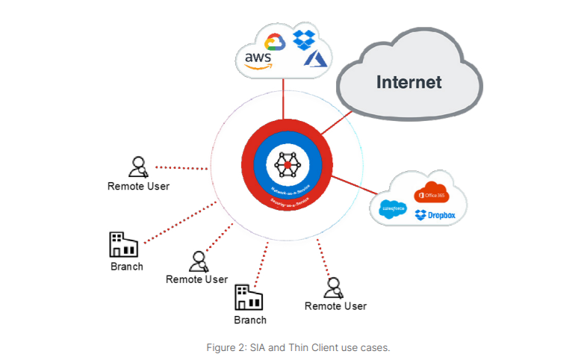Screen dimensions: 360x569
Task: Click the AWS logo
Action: [x=256, y=59]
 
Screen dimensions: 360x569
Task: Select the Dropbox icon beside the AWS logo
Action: [x=303, y=39]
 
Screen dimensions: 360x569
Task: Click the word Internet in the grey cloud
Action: [x=408, y=81]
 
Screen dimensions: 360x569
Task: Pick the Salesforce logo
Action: [x=391, y=210]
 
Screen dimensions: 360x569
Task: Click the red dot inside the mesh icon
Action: [x=287, y=164]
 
